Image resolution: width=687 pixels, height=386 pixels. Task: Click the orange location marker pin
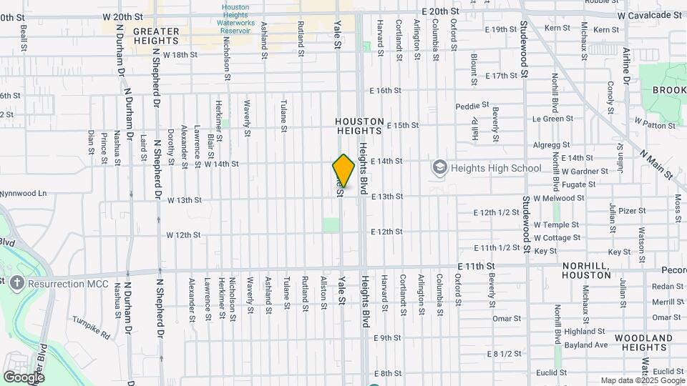343,171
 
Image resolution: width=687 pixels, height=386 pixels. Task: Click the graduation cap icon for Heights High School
440,168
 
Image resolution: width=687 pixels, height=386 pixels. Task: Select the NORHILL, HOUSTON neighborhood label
586,269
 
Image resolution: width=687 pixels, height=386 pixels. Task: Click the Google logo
24,377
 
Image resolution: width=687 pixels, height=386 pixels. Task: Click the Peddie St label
472,106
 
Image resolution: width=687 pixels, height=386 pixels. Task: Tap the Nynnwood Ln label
24,193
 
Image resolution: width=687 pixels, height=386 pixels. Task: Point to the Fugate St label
579,184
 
